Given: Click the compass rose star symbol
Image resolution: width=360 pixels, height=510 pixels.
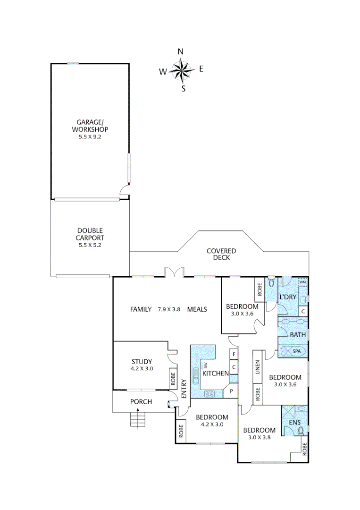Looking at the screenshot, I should (x=181, y=70).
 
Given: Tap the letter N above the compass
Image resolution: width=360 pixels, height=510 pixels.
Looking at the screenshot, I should (x=180, y=51).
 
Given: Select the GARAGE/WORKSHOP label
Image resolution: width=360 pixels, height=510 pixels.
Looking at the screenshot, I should (x=90, y=125).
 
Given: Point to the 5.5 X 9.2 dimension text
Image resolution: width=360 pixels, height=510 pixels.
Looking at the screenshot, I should (x=90, y=137).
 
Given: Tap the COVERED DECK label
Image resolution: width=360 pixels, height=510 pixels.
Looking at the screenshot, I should (x=221, y=254).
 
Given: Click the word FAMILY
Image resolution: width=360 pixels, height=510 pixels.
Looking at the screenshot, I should (x=141, y=309).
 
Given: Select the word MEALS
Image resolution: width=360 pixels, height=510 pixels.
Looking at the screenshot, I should (x=197, y=309).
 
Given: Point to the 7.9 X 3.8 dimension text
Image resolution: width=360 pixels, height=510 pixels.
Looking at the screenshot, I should (x=169, y=309).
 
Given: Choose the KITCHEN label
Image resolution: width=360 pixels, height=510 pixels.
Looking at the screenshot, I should (x=216, y=374).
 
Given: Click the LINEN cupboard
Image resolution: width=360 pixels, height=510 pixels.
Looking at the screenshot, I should (x=257, y=368).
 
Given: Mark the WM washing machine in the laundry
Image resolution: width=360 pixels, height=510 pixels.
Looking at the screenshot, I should (x=303, y=282).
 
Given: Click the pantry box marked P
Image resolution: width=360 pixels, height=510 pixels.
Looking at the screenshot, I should (x=232, y=391).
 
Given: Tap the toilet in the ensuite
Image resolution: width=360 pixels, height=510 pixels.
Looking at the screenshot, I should (x=301, y=430).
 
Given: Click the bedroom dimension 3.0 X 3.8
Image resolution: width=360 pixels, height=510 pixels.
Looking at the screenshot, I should (x=259, y=438).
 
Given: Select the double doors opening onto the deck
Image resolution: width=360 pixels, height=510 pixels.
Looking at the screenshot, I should (x=174, y=272).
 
